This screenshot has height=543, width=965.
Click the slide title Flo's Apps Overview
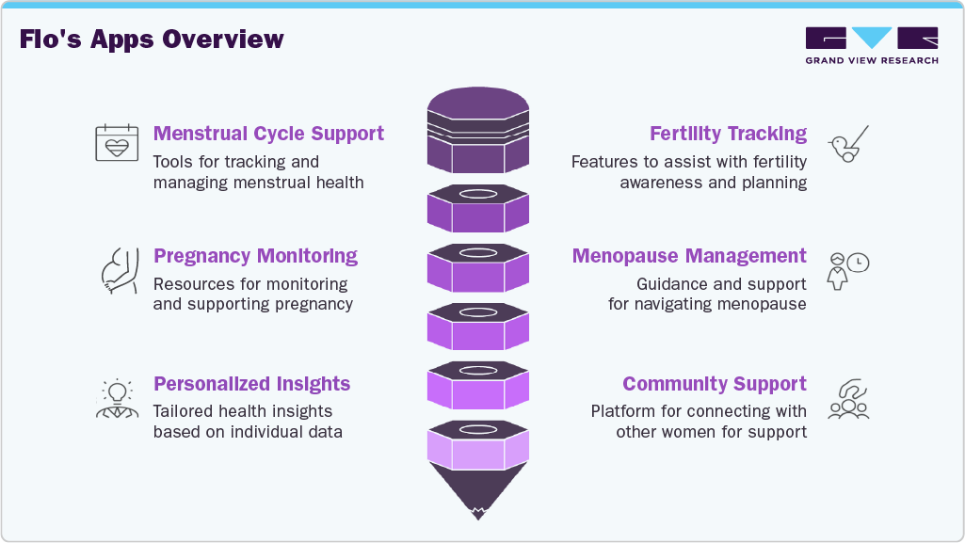click(x=151, y=40)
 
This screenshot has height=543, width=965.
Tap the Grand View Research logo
click(x=871, y=39)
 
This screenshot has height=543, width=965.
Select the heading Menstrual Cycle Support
click(x=268, y=134)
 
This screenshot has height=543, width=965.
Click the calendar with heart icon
click(x=116, y=143)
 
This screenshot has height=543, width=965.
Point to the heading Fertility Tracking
click(x=728, y=134)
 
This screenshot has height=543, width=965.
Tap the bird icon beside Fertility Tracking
click(x=847, y=144)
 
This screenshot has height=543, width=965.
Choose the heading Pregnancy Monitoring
click(x=255, y=256)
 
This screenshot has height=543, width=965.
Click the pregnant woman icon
click(x=117, y=268)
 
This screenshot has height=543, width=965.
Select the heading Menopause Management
click(x=689, y=256)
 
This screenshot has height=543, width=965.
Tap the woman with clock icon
click(x=847, y=270)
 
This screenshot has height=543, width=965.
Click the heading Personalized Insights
click(x=251, y=384)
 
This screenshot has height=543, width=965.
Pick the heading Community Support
click(x=714, y=384)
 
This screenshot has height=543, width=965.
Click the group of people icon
click(x=847, y=399)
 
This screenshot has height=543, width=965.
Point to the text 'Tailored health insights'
click(x=243, y=411)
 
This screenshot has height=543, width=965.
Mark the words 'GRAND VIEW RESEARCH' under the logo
click(x=871, y=60)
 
